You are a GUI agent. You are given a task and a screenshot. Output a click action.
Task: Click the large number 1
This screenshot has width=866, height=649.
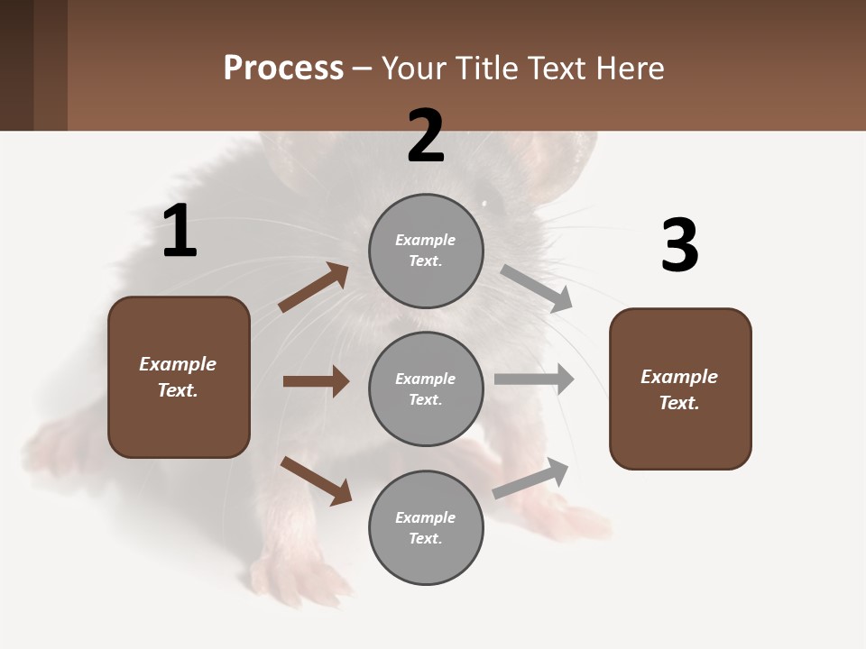180,232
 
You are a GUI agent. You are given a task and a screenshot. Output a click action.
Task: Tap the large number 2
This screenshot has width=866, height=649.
426,136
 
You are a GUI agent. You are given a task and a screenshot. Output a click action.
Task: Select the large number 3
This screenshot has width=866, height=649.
679,246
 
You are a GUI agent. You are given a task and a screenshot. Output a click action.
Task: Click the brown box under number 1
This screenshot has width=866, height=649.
179,377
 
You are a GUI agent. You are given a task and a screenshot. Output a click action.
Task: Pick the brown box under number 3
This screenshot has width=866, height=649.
680,388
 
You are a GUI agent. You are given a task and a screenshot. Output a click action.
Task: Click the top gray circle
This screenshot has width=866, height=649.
426,251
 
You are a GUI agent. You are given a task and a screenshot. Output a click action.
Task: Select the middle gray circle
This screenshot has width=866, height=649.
426,388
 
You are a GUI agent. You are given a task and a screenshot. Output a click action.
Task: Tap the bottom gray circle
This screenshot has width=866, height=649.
426,527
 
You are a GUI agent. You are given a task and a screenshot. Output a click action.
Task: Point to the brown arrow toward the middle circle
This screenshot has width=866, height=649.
316,381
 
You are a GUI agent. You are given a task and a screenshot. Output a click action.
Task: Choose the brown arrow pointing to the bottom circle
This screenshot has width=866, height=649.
316,480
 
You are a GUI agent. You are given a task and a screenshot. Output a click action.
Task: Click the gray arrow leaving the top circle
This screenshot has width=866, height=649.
537,288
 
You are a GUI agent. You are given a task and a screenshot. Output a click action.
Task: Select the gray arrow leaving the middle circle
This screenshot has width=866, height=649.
534,379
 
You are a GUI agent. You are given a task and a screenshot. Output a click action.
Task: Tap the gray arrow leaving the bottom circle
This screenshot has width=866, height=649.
531,478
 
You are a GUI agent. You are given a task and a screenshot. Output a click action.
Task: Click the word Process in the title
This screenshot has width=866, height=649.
283,68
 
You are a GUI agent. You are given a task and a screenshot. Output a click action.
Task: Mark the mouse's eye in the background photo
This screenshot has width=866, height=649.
485,203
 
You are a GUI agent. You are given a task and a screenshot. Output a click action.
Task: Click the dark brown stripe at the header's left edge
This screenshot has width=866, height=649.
16,65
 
